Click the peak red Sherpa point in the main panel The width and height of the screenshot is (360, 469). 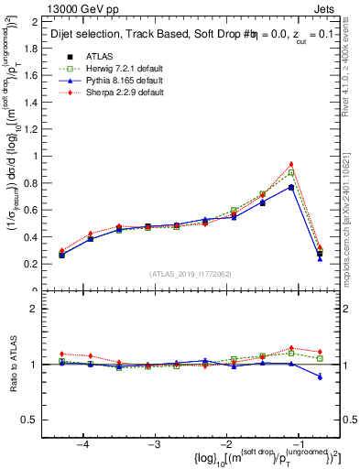[x=291, y=164]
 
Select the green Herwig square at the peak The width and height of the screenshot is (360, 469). [x=291, y=172]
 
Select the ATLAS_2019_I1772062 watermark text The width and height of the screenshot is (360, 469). [x=190, y=274]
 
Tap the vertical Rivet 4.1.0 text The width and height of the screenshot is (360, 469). [x=353, y=64]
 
